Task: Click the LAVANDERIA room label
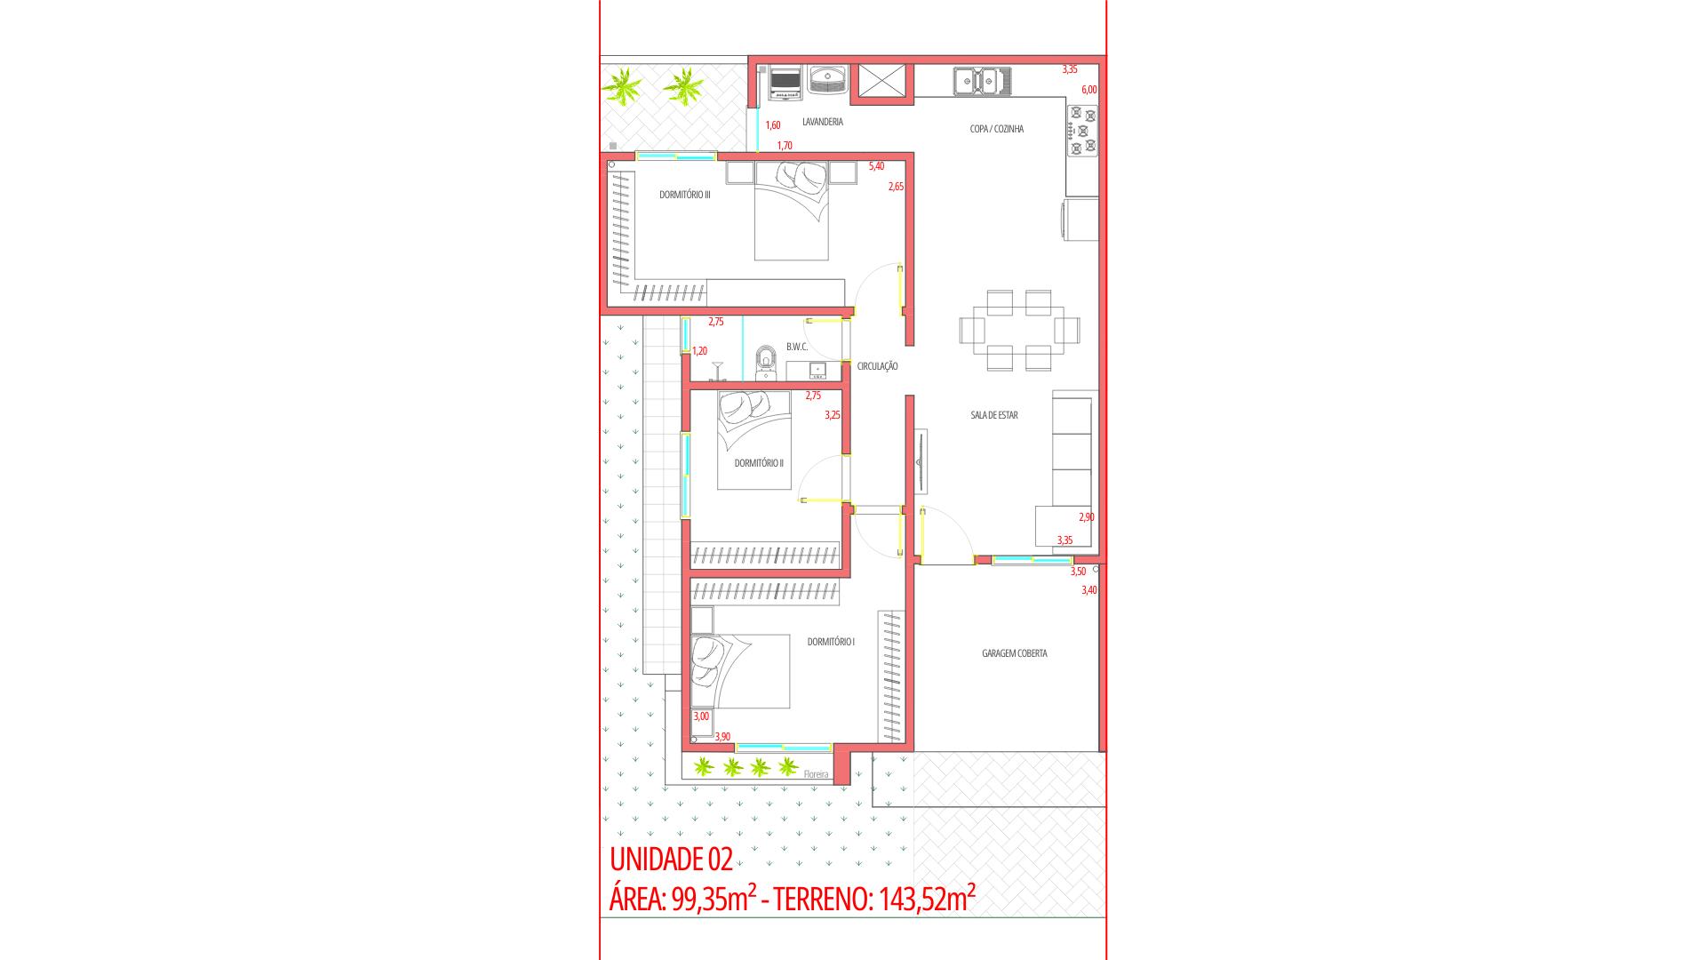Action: tap(822, 122)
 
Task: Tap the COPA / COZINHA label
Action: tap(996, 129)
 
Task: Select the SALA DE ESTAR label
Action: tap(994, 415)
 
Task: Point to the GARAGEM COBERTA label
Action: tap(1014, 653)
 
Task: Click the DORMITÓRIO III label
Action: tap(684, 195)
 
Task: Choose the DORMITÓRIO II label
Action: tap(758, 463)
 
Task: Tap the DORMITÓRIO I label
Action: tap(831, 642)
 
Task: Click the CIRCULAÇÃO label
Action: tap(877, 366)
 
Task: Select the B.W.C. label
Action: tap(796, 347)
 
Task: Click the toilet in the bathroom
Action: tap(765, 364)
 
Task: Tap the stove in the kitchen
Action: tap(1082, 131)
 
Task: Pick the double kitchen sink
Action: tap(982, 81)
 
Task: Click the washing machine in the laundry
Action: tap(785, 81)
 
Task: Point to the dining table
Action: tap(1019, 331)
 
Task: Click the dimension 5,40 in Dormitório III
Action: tap(876, 166)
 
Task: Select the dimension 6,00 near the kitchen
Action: tap(1088, 90)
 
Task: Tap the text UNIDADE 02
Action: tap(671, 860)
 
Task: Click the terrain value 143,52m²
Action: tap(927, 900)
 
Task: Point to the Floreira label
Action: tap(815, 774)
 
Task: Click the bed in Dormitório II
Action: tap(753, 440)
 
